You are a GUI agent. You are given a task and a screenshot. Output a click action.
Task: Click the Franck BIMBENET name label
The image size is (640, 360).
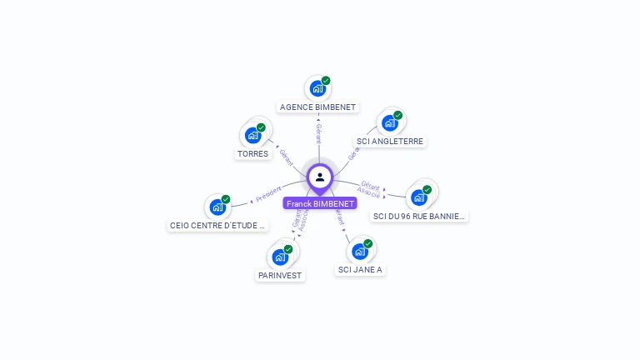click(x=320, y=203)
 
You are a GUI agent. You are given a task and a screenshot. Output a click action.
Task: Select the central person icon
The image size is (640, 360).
click(x=320, y=177)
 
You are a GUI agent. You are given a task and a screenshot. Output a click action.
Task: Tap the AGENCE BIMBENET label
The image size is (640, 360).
click(x=317, y=107)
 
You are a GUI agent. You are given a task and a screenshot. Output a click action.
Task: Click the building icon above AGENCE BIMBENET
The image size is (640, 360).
click(x=317, y=87)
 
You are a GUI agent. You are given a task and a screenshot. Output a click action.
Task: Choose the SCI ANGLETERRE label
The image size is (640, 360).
click(x=390, y=142)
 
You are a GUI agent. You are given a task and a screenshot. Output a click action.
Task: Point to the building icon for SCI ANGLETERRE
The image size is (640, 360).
click(x=389, y=122)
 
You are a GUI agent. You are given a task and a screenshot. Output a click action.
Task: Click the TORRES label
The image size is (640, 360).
click(x=253, y=154)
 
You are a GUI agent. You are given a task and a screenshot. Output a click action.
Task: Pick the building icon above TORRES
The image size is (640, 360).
click(x=253, y=134)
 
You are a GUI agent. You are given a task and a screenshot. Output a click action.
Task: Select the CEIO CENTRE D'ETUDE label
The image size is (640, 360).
click(x=218, y=225)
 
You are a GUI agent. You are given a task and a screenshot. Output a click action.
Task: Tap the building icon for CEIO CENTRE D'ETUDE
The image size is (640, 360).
click(x=217, y=207)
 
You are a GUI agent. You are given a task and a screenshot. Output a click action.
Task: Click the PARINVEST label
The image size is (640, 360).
click(x=280, y=276)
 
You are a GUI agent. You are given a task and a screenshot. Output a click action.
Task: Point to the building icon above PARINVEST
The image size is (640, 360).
click(x=280, y=257)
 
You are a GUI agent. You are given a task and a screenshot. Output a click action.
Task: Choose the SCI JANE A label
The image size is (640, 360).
click(x=360, y=270)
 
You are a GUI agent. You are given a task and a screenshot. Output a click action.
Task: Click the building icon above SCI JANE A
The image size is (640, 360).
click(x=360, y=251)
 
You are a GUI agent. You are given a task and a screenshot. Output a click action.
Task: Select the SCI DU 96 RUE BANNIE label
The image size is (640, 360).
click(x=420, y=217)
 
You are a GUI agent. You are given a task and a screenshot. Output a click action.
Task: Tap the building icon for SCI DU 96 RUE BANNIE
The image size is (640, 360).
click(x=419, y=197)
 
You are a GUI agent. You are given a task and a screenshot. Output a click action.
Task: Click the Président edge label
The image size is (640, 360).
click(x=268, y=196)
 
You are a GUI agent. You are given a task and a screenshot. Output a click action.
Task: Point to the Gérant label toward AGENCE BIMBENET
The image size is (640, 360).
click(x=318, y=131)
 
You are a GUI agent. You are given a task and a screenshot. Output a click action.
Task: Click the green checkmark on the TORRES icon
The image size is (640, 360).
click(x=261, y=127)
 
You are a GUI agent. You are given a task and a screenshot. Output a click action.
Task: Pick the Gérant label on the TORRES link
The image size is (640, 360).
click(x=286, y=157)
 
